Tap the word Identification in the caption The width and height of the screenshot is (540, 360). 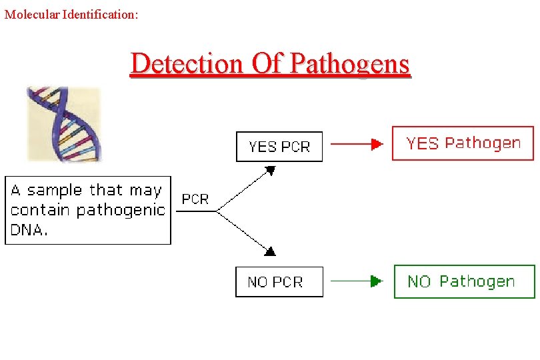coord(100,14)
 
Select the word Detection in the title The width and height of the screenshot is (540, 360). coord(187,63)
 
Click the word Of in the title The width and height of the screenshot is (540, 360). coord(269,63)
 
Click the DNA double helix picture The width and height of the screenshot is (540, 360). coord(63,123)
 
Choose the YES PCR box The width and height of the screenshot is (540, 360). coord(279,147)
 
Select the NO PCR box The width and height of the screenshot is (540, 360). coord(279,282)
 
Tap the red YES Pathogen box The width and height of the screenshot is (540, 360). coord(463,143)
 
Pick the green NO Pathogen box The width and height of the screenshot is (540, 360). coord(464,281)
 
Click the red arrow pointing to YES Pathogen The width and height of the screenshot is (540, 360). coord(357,143)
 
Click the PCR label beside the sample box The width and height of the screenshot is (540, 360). coord(195,199)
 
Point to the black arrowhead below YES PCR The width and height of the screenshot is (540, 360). coord(270,171)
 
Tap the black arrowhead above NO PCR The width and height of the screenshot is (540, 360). coord(270,251)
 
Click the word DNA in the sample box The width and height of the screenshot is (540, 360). coord(29,230)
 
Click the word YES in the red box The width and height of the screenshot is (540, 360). coord(423,143)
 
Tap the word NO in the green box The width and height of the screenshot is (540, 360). coord(419,281)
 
